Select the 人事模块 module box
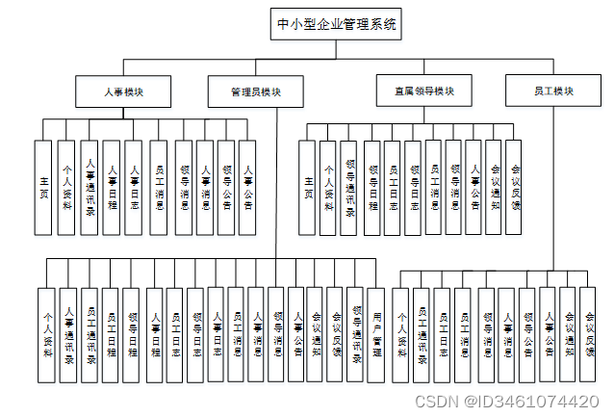pos(123,91)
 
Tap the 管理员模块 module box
pos(255,91)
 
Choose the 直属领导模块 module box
pos(424,91)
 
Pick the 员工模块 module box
pos(553,91)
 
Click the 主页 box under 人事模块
pos(43,187)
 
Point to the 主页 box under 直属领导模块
pos(308,187)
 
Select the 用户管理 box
pos(376,333)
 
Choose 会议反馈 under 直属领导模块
pos(516,187)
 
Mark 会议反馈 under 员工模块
pos(590,333)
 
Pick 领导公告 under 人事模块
pos(226,187)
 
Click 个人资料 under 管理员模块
pos(47,333)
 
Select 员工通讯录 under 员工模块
pos(422,333)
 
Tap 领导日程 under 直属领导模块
pos(371,187)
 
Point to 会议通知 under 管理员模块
pos(316,333)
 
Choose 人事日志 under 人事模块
pos(135,187)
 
